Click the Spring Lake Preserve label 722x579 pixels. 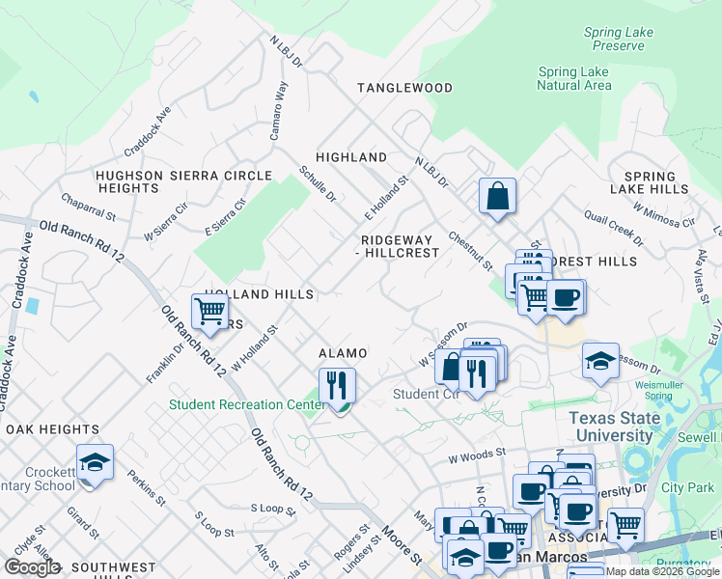tap(619, 40)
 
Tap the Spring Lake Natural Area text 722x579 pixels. tap(574, 78)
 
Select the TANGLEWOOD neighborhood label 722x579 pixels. tap(404, 88)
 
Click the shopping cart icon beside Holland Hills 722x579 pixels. tap(209, 311)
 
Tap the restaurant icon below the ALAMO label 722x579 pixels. tap(337, 385)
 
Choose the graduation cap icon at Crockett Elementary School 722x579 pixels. tap(96, 462)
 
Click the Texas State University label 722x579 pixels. tap(615, 427)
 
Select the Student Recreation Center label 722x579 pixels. tap(247, 405)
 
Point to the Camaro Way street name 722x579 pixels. tap(278, 112)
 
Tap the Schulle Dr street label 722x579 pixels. tap(317, 183)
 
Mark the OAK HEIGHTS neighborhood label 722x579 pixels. tap(52, 428)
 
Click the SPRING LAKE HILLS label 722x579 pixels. tap(650, 182)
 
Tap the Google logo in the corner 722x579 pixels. tap(32, 567)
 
